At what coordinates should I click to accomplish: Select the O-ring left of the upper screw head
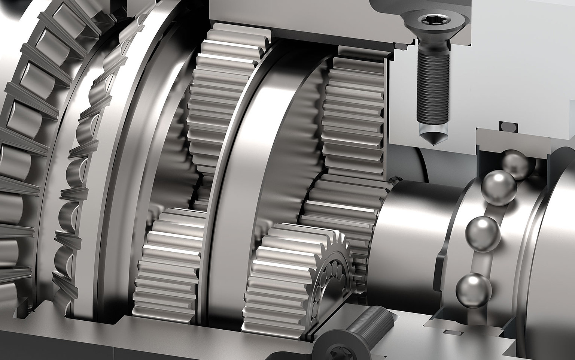click(402, 46)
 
